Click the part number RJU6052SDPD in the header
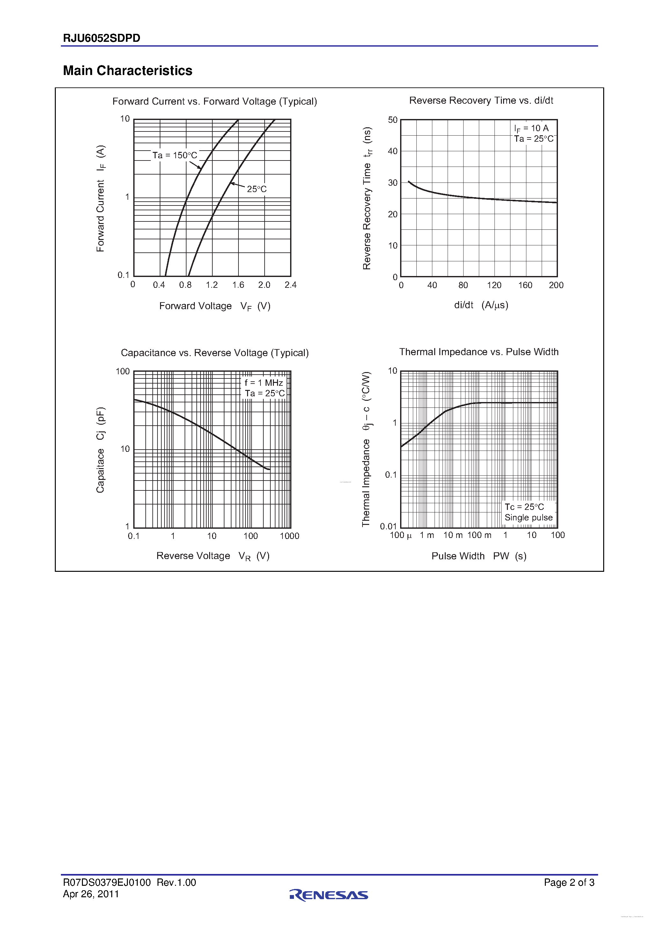click(101, 38)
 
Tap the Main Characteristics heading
click(128, 71)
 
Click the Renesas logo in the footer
click(329, 895)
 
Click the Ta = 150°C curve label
click(175, 155)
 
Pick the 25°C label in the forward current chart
click(257, 189)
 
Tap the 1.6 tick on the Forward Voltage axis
click(238, 285)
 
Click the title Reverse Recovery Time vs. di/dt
click(481, 101)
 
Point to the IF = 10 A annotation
click(531, 128)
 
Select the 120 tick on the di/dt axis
click(494, 285)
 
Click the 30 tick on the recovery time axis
click(393, 183)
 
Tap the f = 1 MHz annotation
click(264, 383)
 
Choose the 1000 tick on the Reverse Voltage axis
click(289, 536)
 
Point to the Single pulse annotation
click(528, 517)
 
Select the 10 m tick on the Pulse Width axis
click(453, 535)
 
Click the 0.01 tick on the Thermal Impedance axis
click(388, 526)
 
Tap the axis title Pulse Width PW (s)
click(479, 556)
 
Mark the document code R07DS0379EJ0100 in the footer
click(107, 882)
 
